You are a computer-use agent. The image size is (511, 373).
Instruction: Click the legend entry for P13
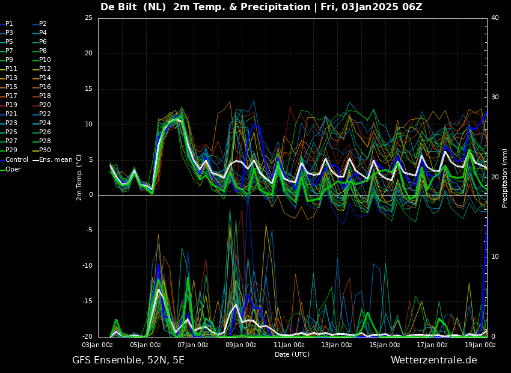click(x=9, y=78)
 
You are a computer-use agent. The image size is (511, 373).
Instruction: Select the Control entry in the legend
click(x=14, y=160)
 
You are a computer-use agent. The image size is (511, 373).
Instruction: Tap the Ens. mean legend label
click(x=53, y=160)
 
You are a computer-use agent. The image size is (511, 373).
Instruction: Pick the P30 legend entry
click(x=42, y=150)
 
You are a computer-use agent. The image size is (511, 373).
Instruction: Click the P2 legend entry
click(x=40, y=24)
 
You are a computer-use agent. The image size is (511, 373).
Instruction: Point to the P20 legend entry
click(x=42, y=105)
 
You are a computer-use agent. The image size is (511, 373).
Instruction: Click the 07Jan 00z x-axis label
click(x=193, y=345)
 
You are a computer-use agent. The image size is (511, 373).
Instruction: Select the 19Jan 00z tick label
click(x=480, y=345)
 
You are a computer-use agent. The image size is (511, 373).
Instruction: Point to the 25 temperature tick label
click(x=88, y=17)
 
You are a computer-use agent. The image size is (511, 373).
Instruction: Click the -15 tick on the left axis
click(x=87, y=301)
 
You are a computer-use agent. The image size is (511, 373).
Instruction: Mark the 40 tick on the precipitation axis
click(x=495, y=17)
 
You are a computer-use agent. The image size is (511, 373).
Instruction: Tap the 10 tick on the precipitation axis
click(x=495, y=257)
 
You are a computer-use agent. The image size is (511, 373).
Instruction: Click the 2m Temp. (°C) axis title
click(x=79, y=177)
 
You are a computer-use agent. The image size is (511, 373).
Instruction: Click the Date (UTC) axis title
click(x=292, y=354)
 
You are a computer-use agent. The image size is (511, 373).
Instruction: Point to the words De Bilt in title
click(x=118, y=7)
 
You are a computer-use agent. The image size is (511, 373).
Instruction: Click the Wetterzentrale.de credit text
click(x=434, y=360)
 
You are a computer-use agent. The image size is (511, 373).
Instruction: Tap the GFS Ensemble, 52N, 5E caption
click(x=128, y=360)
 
